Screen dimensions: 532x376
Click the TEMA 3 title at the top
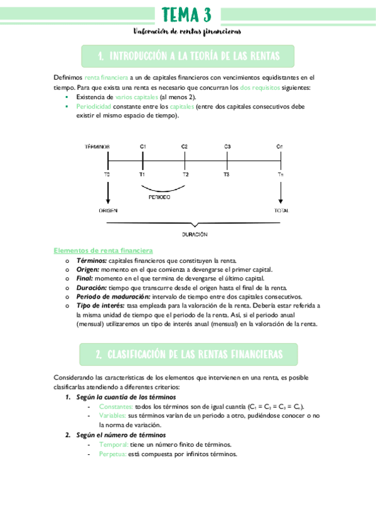click(x=186, y=14)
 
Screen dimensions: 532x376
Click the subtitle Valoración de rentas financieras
click(x=187, y=31)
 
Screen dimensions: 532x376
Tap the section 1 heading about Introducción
click(x=188, y=57)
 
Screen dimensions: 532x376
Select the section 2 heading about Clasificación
click(x=188, y=354)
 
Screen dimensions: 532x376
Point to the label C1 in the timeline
click(x=143, y=146)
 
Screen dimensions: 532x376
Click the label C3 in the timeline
click(x=227, y=146)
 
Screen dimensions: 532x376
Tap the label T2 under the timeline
click(x=185, y=174)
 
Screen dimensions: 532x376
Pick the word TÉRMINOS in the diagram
click(x=97, y=146)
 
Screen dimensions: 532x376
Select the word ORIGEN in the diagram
click(x=108, y=211)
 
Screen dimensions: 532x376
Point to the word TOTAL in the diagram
click(x=281, y=211)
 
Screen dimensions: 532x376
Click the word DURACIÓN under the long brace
click(x=195, y=234)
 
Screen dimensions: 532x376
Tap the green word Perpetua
click(x=112, y=454)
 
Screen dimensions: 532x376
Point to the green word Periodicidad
click(x=92, y=107)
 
